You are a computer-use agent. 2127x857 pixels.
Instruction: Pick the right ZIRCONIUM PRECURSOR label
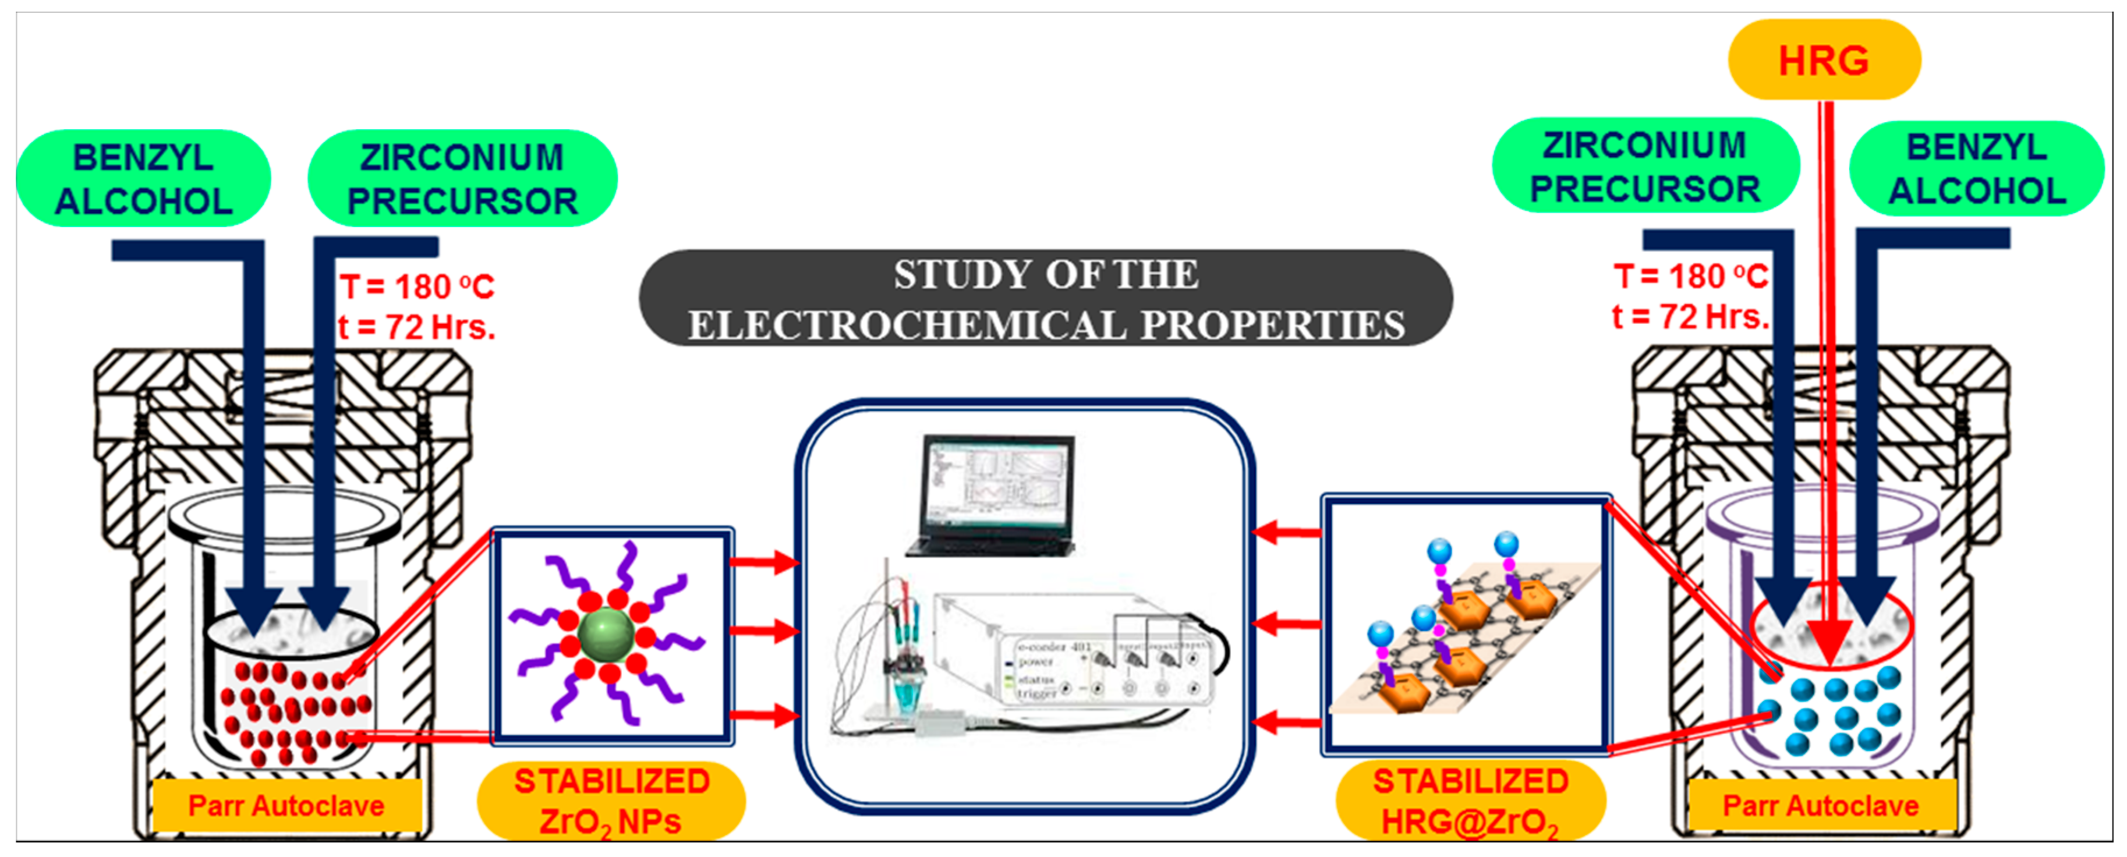[x=1645, y=167]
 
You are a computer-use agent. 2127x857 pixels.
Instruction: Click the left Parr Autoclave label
[x=286, y=805]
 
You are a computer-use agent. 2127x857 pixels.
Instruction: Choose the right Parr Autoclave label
[x=1821, y=805]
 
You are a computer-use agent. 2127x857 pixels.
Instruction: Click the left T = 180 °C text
[x=417, y=286]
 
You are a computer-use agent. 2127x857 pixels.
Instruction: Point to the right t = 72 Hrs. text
[x=1690, y=316]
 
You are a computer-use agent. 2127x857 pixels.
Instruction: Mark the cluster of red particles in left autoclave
[x=298, y=710]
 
